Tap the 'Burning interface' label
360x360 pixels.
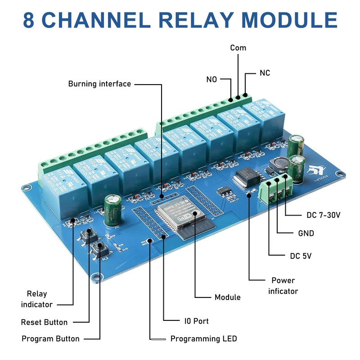tap(99, 84)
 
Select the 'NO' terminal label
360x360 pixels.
tap(211, 79)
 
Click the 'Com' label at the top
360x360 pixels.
tap(238, 48)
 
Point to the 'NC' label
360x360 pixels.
tap(265, 73)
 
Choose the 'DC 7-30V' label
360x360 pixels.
tap(323, 215)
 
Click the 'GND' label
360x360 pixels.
tap(306, 233)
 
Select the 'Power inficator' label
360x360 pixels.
tap(283, 286)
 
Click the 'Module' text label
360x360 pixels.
tap(227, 297)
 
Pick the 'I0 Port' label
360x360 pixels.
tap(196, 321)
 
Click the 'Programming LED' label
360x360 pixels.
tap(203, 339)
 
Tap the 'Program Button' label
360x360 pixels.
tap(50, 339)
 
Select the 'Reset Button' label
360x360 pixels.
tap(44, 322)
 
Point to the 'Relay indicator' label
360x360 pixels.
tap(37, 299)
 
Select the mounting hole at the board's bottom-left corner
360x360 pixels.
tap(95, 277)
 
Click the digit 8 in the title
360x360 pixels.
tap(30, 20)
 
